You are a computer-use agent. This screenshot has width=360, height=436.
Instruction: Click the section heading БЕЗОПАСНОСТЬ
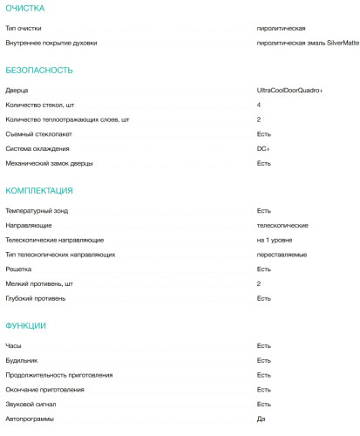(x=38, y=70)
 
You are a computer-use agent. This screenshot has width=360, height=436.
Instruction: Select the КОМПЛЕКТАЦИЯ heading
(x=39, y=190)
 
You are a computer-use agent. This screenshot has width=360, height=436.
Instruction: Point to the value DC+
(x=263, y=148)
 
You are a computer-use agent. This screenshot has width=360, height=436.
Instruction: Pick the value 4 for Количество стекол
(x=259, y=105)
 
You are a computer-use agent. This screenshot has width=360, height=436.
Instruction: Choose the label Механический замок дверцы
(x=49, y=163)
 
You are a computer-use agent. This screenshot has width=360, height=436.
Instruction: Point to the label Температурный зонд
(x=42, y=210)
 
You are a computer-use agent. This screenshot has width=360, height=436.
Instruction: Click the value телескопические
(x=282, y=225)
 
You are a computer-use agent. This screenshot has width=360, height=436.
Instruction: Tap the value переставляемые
(x=281, y=254)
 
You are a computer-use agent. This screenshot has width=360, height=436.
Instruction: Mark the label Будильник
(x=22, y=360)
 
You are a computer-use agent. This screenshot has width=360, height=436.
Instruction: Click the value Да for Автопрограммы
(x=261, y=419)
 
